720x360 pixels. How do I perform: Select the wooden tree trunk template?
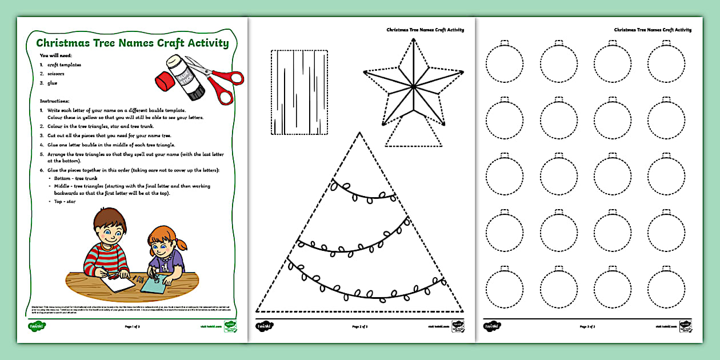point(299,93)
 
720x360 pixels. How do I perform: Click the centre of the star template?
point(412,87)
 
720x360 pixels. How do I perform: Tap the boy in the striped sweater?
point(108,247)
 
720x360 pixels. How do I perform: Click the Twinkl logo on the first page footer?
point(37,326)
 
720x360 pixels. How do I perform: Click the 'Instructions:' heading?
point(54,101)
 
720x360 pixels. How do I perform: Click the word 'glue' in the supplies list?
point(53,83)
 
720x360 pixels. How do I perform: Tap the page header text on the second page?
point(425,30)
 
